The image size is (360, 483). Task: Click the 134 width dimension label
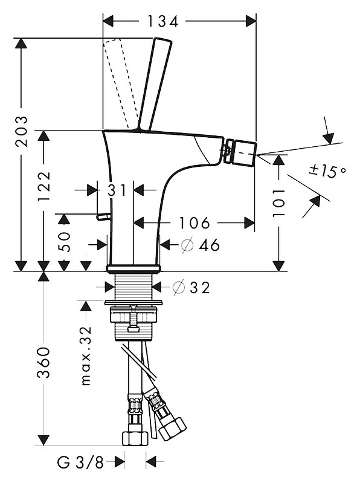(163, 21)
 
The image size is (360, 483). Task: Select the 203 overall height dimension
(22, 132)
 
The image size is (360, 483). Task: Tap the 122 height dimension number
(43, 186)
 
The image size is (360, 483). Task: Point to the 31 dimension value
(117, 190)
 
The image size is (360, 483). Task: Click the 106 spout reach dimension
(194, 222)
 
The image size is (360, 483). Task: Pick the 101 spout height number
(278, 203)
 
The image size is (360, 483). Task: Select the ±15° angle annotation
(327, 171)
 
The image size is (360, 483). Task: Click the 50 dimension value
(64, 242)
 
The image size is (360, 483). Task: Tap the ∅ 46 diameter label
(201, 245)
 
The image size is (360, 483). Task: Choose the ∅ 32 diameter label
(191, 288)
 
